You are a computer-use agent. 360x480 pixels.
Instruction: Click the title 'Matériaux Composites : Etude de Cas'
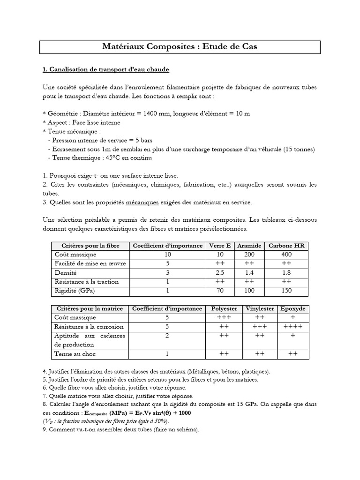click(180, 47)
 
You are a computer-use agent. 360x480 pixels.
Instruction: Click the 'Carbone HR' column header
click(286, 246)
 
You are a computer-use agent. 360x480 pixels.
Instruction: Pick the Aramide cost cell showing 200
click(249, 255)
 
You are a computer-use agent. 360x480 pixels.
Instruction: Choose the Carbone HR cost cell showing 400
click(286, 255)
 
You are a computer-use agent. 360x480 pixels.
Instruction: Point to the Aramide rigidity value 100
click(249, 291)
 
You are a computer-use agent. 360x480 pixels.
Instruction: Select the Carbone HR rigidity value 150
click(286, 291)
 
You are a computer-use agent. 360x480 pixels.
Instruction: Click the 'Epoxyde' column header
click(292, 308)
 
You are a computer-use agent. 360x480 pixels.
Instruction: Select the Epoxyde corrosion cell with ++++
click(292, 327)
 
